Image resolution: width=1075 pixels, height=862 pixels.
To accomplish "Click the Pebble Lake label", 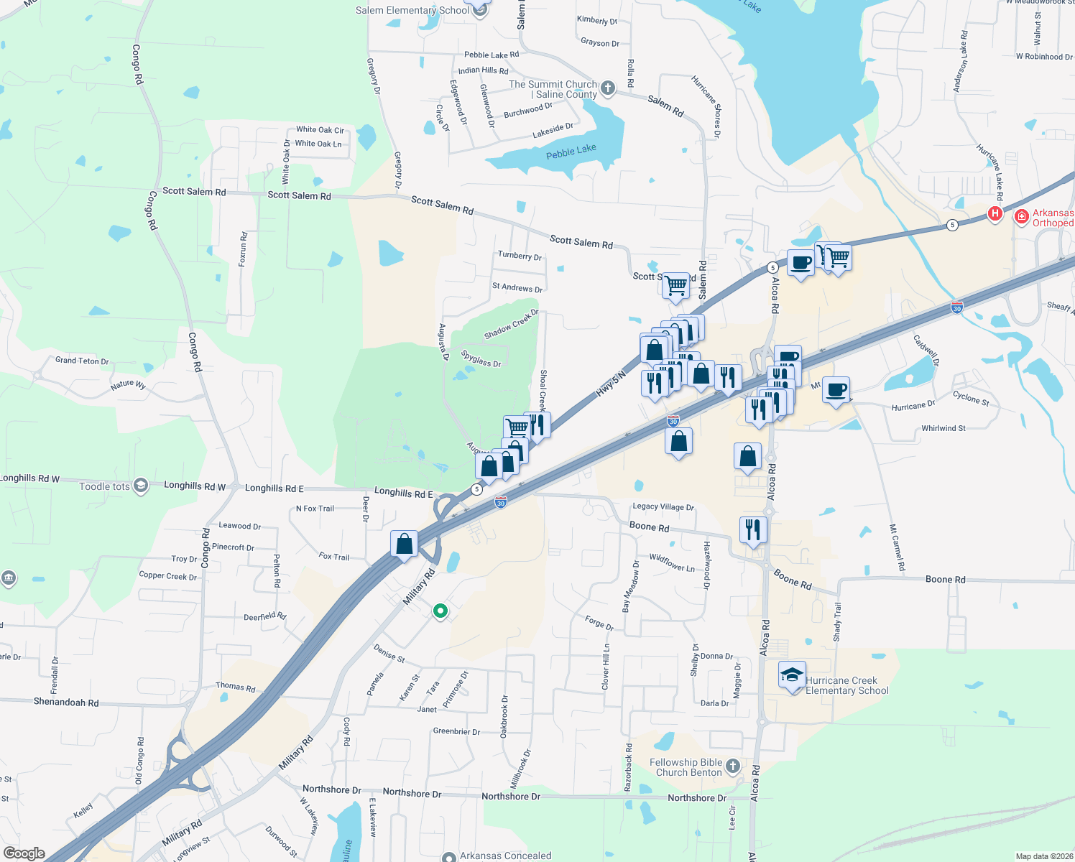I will [571, 152].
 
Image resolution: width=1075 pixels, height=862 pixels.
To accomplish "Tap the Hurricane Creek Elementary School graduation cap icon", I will [792, 675].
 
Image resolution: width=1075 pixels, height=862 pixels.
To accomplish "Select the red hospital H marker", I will [995, 213].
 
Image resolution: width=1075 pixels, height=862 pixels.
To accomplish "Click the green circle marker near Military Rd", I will [440, 611].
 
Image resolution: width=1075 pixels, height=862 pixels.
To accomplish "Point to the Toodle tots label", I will [105, 486].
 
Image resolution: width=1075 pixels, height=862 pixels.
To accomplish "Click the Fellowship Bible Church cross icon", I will [733, 766].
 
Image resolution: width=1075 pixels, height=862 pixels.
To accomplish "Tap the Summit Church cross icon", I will [608, 88].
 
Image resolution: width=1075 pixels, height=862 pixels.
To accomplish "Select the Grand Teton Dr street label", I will [82, 361].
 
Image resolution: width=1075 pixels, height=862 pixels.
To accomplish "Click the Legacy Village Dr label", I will [663, 506].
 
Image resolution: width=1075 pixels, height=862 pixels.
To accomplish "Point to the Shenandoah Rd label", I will [66, 703].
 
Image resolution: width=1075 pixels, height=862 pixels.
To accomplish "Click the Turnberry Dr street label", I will [520, 256].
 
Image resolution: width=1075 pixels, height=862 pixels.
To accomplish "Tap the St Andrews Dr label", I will [517, 287].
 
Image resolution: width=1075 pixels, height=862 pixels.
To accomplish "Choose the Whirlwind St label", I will [943, 428].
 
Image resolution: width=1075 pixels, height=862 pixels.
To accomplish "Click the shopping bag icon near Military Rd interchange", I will [405, 544].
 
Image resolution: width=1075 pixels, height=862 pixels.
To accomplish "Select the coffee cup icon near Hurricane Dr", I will [836, 390].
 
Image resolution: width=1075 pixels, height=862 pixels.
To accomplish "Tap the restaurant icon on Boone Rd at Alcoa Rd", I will [752, 530].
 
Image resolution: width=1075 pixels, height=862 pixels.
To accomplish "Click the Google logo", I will [24, 853].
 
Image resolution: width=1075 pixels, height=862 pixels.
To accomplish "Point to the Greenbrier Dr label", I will [456, 731].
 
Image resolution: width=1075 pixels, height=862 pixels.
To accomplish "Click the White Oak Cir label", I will [320, 130].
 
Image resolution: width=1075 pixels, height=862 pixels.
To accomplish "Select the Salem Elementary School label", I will [412, 10].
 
